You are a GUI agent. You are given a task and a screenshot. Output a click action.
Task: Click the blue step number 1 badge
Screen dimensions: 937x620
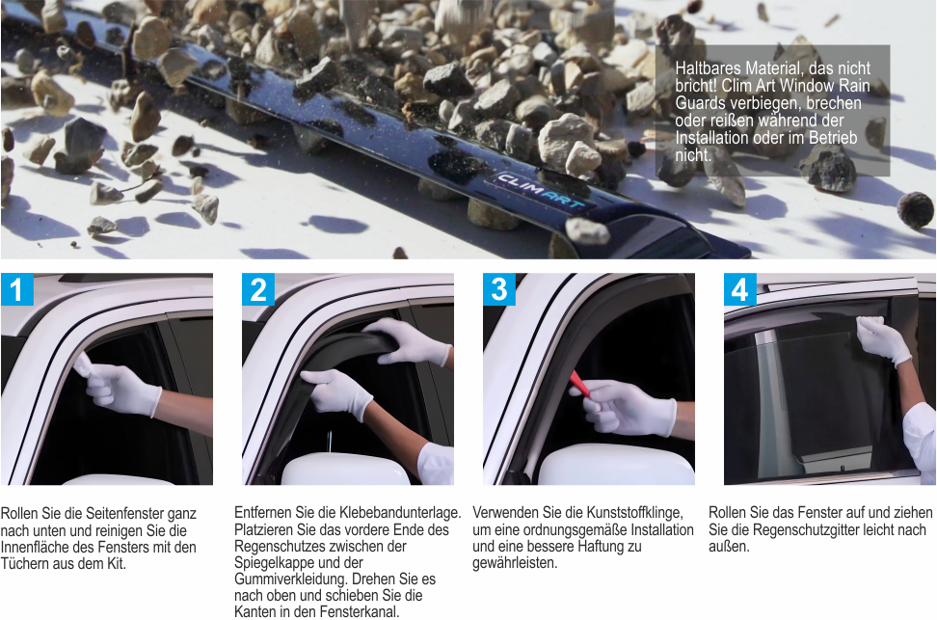pos(16,289)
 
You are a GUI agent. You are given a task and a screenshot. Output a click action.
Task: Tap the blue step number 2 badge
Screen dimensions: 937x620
pos(258,289)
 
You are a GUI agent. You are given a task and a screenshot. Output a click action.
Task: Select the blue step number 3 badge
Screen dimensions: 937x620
pos(499,289)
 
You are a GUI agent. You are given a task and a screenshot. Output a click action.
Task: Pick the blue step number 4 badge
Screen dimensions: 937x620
pos(739,289)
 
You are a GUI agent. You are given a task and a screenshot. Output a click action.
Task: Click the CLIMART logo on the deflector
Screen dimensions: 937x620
pos(541,190)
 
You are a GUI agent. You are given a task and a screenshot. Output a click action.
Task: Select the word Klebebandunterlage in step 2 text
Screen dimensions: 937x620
pos(400,512)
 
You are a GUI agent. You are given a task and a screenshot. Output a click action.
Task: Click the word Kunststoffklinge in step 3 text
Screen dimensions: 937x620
pos(634,512)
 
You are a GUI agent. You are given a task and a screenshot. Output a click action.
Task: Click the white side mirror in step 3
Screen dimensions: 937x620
pos(615,465)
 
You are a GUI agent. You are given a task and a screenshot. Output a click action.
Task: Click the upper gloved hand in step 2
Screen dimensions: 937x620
pos(409,340)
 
